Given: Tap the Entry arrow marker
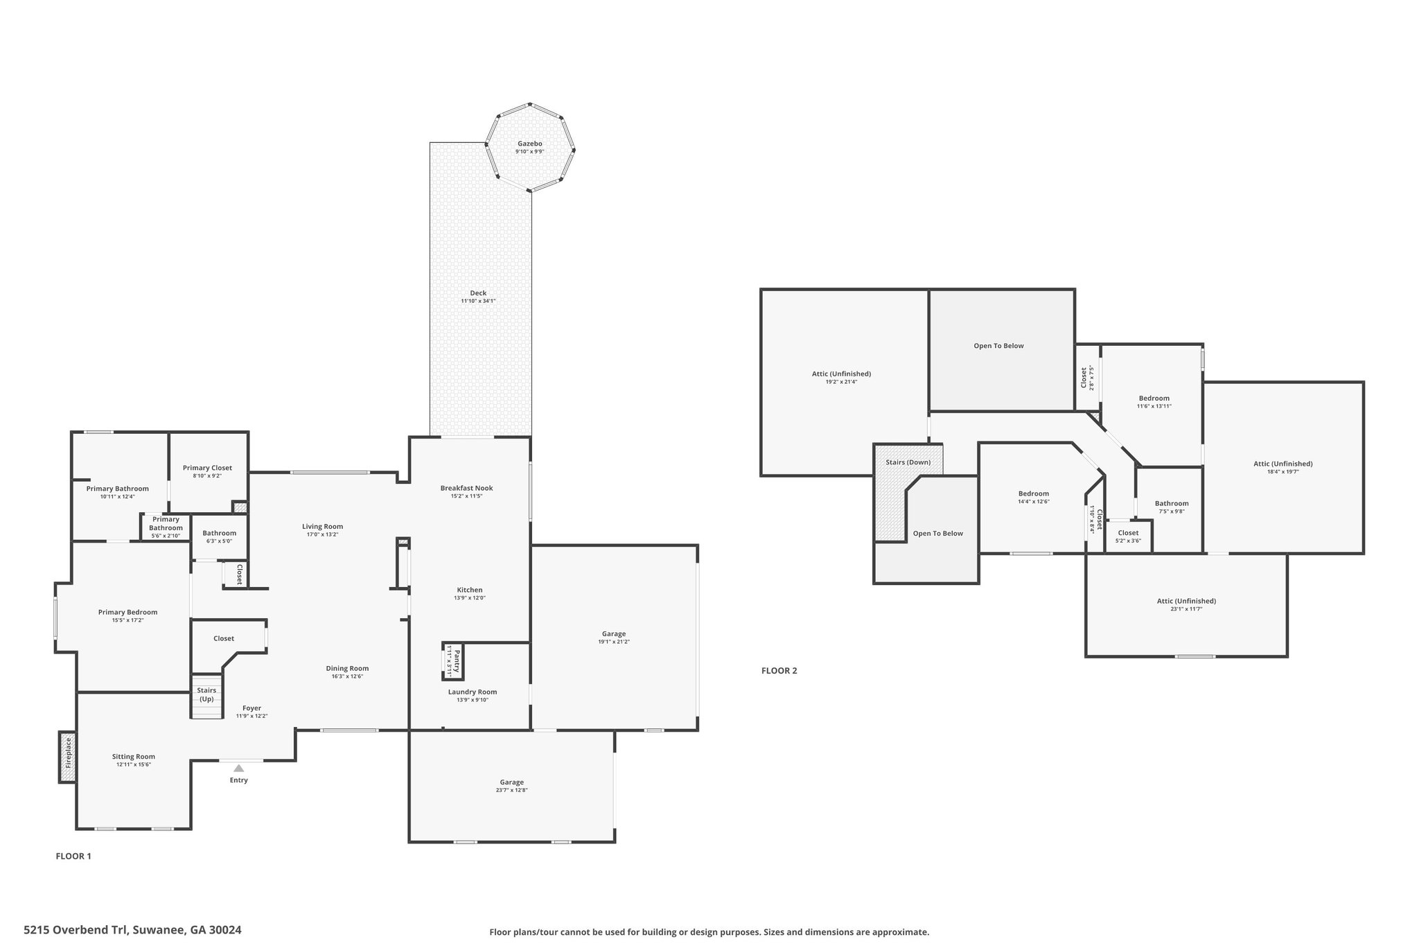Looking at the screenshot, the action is [238, 768].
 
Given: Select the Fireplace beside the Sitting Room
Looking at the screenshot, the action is [67, 757].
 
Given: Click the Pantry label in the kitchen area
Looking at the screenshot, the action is [457, 661].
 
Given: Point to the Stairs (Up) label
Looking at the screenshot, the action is [206, 694].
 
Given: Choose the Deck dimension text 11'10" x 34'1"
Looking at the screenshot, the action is [478, 301].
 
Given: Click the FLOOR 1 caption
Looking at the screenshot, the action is [73, 856].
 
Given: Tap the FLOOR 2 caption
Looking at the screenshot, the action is [779, 671].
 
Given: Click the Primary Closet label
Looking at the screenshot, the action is [207, 468].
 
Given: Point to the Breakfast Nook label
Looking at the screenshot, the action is [467, 488].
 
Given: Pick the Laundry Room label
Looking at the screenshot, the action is [473, 692].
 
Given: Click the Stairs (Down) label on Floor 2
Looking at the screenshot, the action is [908, 462].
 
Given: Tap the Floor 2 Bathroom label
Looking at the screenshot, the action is [1172, 503].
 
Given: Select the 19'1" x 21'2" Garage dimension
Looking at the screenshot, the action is [614, 642].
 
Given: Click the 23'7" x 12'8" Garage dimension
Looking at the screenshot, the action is [512, 790].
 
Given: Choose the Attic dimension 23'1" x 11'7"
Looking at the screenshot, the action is [1186, 608].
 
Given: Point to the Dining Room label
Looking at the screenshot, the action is [347, 669].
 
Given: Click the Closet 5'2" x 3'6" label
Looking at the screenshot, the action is [1128, 536].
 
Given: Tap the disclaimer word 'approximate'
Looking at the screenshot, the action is [899, 932].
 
